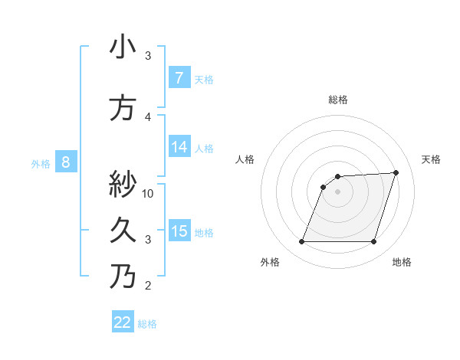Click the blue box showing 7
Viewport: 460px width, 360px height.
point(179,78)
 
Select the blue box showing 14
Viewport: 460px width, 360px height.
point(179,148)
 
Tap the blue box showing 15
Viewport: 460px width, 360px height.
point(179,231)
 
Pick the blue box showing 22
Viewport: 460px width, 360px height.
point(123,322)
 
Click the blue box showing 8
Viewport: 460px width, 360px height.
point(66,162)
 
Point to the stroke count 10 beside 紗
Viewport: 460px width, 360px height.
point(148,193)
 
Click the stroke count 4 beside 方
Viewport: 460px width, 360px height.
point(148,116)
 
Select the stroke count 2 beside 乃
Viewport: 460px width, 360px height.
point(148,286)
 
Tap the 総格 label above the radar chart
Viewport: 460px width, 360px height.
point(337,100)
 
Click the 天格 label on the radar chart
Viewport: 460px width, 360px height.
point(431,159)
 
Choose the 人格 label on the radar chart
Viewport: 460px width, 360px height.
point(245,159)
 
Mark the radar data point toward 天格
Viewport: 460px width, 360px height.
point(396,173)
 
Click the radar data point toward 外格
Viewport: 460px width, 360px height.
point(301,242)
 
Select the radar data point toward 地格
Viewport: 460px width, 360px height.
point(373,242)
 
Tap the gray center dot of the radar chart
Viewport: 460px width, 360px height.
point(337,191)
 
